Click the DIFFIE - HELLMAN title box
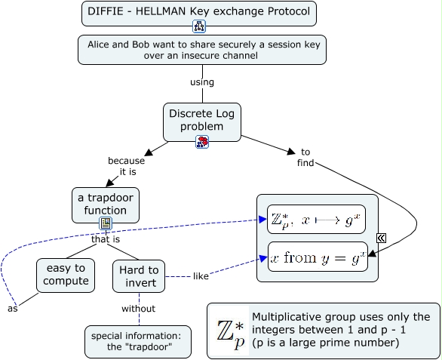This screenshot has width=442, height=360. pos(199,12)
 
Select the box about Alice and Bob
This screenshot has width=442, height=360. pos(201,50)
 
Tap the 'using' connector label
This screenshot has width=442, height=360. pos(201,82)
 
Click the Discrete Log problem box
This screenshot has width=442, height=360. pos(201,119)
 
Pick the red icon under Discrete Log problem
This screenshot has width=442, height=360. pos(202,142)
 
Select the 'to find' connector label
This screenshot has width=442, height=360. pos(305,157)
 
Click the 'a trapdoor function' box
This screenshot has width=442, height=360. pos(106,205)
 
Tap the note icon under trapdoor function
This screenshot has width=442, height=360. pos(106,223)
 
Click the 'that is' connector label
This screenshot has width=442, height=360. pos(106,239)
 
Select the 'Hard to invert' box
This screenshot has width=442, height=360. pos(138,275)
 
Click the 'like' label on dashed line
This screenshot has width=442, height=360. pos(201,276)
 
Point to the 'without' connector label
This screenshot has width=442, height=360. pos(138,308)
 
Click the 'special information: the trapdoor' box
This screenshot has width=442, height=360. pos(138,341)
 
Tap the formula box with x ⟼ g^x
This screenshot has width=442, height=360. pos(316,220)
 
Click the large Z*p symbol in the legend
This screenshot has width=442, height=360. pos(229,331)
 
